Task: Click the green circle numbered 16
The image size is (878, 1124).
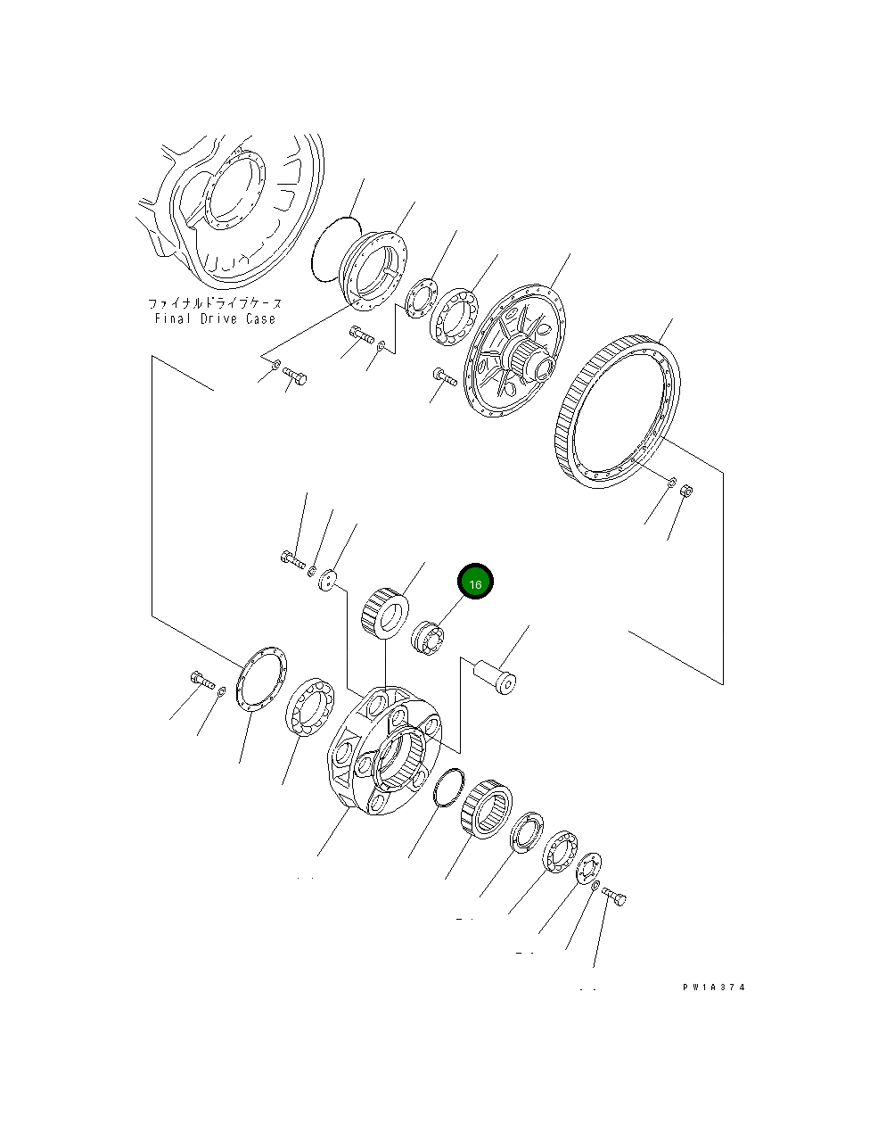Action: tap(475, 583)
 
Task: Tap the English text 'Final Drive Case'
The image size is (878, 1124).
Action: tap(215, 318)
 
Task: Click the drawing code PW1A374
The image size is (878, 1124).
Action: tap(713, 988)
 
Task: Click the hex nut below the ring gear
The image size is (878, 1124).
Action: tap(686, 492)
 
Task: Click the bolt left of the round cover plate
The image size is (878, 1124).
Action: tap(201, 681)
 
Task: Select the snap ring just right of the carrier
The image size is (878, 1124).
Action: tap(448, 787)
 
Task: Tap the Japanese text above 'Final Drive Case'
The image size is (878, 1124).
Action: tap(215, 303)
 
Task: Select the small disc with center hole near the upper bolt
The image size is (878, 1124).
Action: tap(331, 579)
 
